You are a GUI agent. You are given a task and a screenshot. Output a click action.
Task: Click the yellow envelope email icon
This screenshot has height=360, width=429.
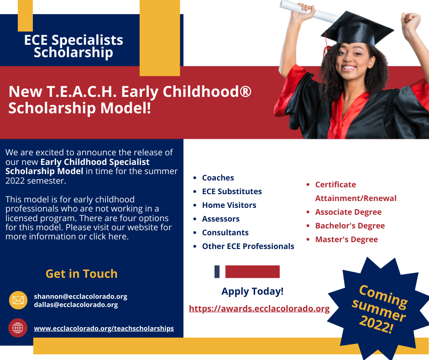(x=18, y=300)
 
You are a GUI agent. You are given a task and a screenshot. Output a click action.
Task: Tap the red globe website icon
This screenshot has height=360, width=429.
(x=18, y=328)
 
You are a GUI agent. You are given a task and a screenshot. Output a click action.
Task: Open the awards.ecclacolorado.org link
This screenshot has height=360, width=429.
(x=259, y=309)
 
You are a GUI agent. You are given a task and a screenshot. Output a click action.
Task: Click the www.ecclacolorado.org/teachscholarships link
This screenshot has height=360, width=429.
(x=104, y=328)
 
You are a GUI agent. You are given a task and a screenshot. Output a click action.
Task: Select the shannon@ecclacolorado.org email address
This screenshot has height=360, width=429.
(x=80, y=296)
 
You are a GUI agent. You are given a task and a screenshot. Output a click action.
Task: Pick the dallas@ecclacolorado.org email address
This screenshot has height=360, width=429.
(x=76, y=305)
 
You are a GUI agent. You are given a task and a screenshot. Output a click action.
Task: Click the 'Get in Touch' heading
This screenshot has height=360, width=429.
(x=82, y=274)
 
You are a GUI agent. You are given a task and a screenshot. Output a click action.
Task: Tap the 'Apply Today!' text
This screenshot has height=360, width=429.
(x=252, y=291)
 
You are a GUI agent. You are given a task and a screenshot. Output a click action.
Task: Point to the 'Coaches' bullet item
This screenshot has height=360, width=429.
(x=218, y=178)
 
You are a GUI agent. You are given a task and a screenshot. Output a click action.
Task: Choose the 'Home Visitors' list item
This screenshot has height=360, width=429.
(x=229, y=205)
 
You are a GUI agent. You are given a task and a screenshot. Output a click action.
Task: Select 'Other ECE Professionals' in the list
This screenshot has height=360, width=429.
(x=248, y=246)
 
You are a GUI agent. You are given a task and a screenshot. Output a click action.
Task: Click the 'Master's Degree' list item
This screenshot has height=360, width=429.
(x=346, y=239)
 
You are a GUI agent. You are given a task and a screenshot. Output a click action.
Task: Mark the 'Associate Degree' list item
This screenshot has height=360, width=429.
(x=348, y=212)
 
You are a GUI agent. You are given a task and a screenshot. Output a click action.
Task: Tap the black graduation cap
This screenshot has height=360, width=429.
(x=357, y=30)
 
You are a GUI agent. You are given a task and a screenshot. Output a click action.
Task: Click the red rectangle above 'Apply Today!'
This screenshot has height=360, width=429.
(x=252, y=272)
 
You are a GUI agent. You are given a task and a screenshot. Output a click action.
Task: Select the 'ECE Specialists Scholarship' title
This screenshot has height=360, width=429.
(x=73, y=46)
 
